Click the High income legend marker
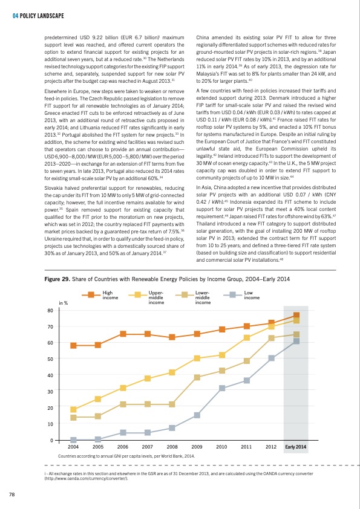(x=91, y=295)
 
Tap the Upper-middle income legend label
(x=156, y=297)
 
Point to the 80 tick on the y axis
(x=50, y=310)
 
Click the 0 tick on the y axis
(x=51, y=440)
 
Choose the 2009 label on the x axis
(x=197, y=447)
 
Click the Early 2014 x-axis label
(x=296, y=447)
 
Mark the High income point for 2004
(x=73, y=346)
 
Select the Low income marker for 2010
(x=222, y=388)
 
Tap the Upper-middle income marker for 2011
(x=247, y=337)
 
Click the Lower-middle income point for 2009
(x=197, y=378)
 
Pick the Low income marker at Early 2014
(x=296, y=341)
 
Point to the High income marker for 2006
(x=123, y=334)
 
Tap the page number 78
(x=11, y=494)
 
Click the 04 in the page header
(x=15, y=16)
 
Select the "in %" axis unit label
(x=64, y=303)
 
